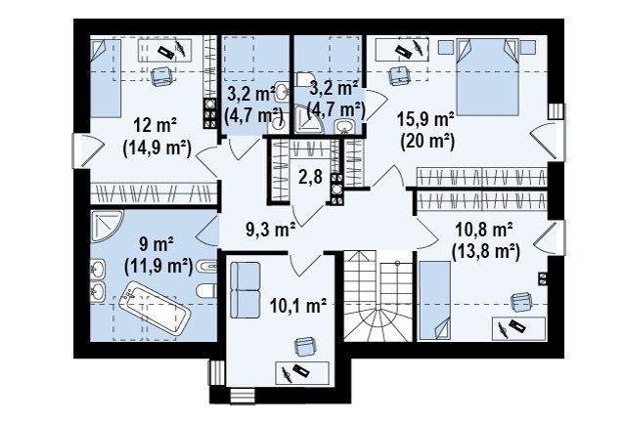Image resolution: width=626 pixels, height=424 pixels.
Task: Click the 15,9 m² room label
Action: click(x=425, y=119)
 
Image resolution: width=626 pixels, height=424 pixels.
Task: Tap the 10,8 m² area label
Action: click(x=484, y=231)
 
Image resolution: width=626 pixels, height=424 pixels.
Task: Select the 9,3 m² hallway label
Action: click(x=270, y=231)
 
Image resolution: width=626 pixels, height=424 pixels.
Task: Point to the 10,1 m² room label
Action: click(x=298, y=306)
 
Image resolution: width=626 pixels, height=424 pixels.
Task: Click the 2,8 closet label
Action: click(x=311, y=176)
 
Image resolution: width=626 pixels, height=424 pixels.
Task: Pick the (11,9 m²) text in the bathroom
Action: click(x=158, y=266)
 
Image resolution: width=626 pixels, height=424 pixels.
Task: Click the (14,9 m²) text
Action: click(x=156, y=148)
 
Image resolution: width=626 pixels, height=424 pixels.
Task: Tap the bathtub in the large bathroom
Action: click(x=154, y=308)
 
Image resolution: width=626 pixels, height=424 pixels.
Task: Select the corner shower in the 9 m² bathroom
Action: click(x=106, y=226)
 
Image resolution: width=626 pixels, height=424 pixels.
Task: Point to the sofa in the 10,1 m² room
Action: click(x=246, y=289)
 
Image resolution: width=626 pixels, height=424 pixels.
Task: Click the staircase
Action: click(x=378, y=296)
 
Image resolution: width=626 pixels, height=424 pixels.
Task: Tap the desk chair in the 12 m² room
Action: click(x=162, y=76)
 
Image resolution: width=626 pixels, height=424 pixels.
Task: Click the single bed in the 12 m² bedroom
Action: click(x=106, y=78)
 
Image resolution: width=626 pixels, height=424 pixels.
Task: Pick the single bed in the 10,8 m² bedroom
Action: click(x=434, y=301)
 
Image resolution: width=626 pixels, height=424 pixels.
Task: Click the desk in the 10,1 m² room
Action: click(x=302, y=373)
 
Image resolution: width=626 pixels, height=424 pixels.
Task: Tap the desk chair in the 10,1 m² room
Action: click(x=305, y=346)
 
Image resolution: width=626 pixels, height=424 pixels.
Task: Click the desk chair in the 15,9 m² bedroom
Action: click(x=399, y=75)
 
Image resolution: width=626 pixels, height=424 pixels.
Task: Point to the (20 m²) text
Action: click(x=427, y=142)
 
